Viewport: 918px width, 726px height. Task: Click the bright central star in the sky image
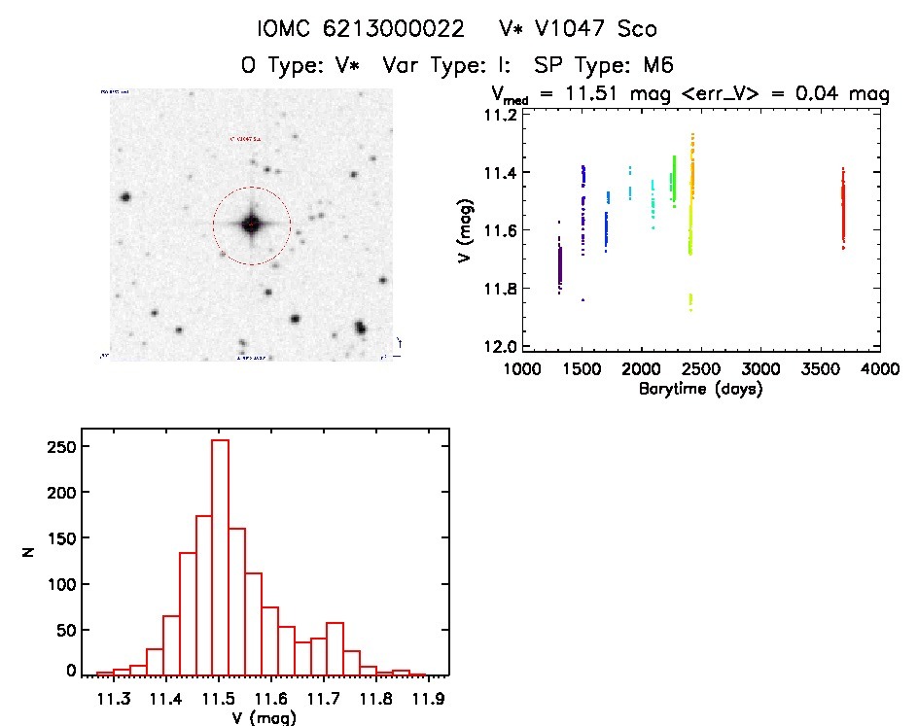pos(251,225)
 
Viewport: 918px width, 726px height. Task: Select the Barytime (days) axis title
pos(700,389)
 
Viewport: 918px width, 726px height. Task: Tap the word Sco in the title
pos(638,28)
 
